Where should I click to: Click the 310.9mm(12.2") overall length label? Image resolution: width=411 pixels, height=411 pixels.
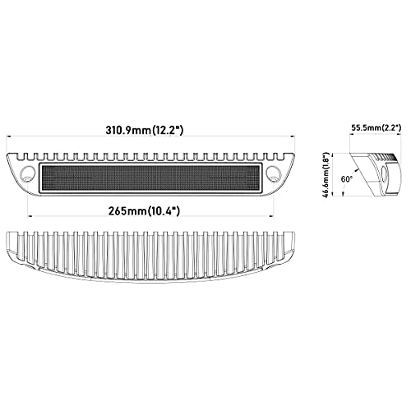tap(144, 130)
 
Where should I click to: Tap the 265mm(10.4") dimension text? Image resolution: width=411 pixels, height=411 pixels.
tap(144, 211)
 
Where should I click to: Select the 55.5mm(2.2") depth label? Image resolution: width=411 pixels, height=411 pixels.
tap(376, 127)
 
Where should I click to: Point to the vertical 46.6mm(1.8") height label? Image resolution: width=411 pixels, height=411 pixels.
tap(326, 174)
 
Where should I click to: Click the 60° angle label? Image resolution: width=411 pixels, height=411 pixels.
tap(346, 179)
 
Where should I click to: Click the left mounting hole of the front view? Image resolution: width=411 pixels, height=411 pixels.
tap(28, 173)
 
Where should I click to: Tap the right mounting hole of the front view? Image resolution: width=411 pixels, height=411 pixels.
tap(274, 173)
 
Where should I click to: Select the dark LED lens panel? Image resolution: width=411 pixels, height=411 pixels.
tap(150, 178)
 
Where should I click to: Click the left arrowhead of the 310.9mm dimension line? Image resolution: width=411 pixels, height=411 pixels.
tap(9, 136)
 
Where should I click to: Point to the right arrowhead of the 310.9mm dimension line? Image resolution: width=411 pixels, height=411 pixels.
tap(292, 136)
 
